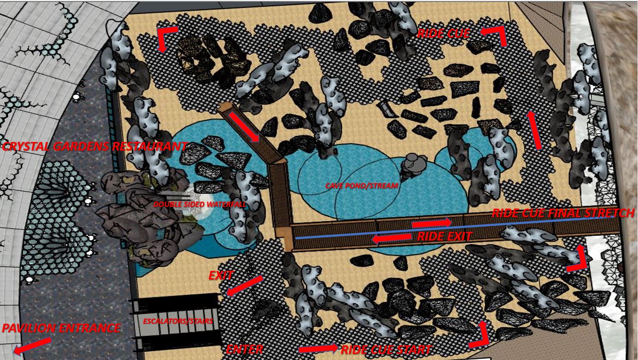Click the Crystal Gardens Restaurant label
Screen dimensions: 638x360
click(x=94, y=146)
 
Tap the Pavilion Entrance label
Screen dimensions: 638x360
click(x=61, y=328)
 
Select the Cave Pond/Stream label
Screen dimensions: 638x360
click(x=362, y=186)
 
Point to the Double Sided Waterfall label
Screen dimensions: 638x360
click(x=200, y=204)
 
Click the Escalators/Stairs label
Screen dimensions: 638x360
click(x=178, y=321)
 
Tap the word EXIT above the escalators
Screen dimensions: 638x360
click(x=221, y=276)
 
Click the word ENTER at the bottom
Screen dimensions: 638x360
click(x=245, y=350)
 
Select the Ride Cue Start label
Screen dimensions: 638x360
click(x=386, y=350)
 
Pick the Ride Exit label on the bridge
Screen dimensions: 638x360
click(x=445, y=236)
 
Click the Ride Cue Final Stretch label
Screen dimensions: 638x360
click(x=564, y=213)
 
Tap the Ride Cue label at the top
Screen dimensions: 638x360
click(x=444, y=34)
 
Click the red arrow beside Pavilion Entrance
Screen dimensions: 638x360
click(x=32, y=346)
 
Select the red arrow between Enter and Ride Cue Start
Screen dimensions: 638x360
click(x=319, y=348)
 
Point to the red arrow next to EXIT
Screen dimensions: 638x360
click(x=245, y=286)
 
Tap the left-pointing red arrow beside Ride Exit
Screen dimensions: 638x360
click(x=392, y=238)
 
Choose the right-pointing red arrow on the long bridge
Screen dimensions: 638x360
click(x=432, y=223)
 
